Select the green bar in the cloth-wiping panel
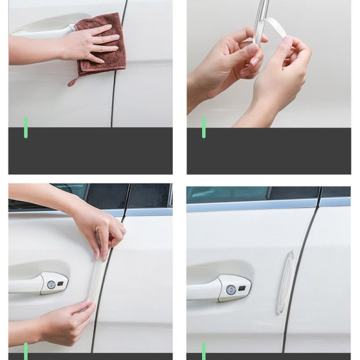click(26, 128)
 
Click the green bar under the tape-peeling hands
click(204, 128)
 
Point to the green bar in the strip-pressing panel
click(26, 350)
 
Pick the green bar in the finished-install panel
click(204, 350)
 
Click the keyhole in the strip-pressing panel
click(51, 285)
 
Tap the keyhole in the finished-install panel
click(231, 290)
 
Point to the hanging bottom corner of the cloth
click(73, 82)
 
